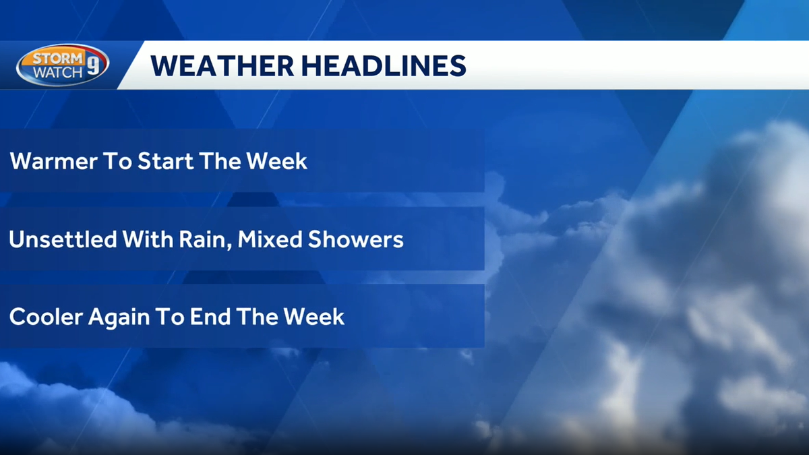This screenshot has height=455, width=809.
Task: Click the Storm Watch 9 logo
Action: click(62, 65)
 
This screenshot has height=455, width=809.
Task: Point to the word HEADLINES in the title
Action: click(380, 65)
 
